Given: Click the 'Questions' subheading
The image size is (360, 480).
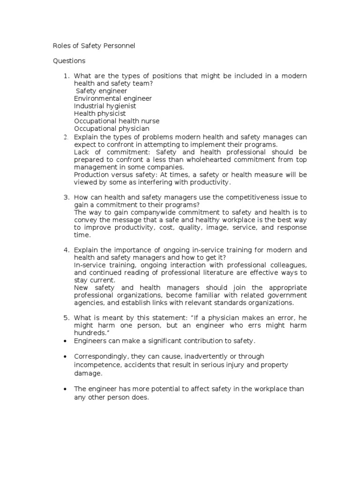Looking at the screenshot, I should tap(69, 60).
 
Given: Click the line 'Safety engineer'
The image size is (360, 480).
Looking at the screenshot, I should tap(101, 91).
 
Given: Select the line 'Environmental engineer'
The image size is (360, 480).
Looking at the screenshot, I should tap(113, 98).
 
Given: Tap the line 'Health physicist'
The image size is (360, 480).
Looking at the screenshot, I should tap(100, 113).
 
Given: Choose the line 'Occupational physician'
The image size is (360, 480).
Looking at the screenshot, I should tap(112, 128).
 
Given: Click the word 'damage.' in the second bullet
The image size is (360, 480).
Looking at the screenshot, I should tap(87, 374).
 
